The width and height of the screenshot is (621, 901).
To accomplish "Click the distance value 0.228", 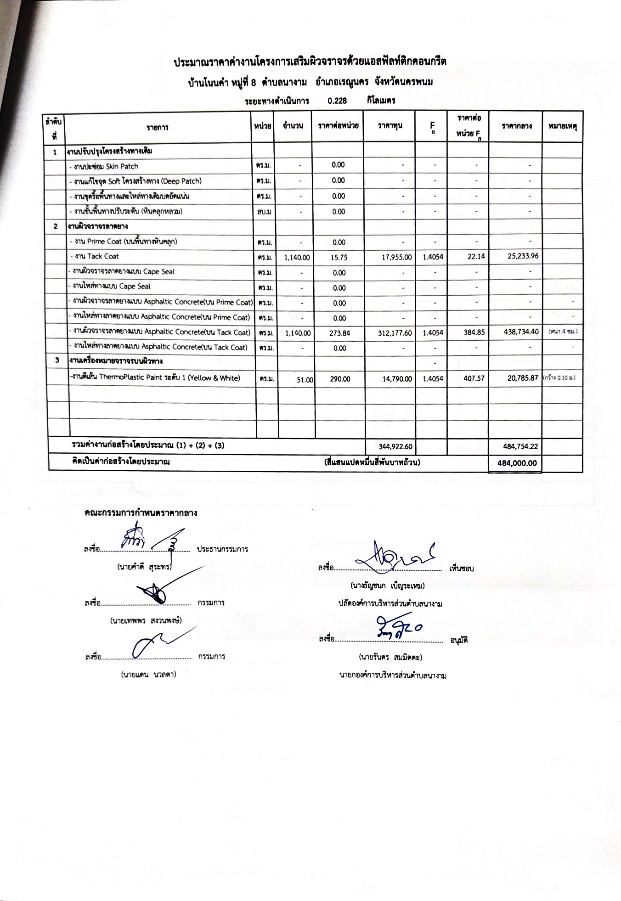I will click(337, 101).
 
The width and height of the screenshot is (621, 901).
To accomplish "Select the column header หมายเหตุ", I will click(562, 126).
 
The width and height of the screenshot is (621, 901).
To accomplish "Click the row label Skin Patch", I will click(103, 166).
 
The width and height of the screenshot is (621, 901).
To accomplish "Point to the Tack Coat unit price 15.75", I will click(339, 258).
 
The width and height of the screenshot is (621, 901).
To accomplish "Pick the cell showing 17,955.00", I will click(396, 258).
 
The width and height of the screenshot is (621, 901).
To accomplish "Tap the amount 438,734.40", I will click(521, 332).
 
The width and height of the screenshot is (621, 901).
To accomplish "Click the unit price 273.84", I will click(339, 333).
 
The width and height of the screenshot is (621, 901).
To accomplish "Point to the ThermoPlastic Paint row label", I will click(155, 378).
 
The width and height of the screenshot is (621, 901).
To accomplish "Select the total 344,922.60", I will click(395, 446).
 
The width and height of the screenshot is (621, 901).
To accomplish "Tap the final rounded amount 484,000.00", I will click(517, 463).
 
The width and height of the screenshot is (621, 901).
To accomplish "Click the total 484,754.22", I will click(520, 446).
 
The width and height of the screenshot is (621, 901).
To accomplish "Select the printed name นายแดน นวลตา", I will click(148, 675).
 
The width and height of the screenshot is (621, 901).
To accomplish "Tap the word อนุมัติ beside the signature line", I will click(459, 640).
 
